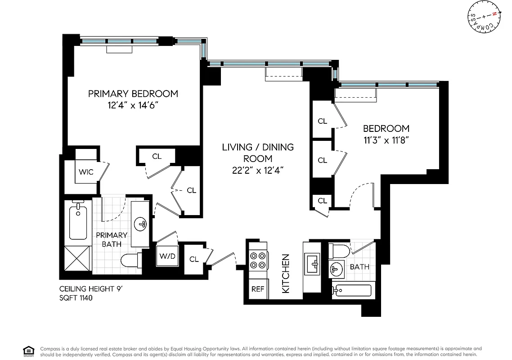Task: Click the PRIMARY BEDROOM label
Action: [x=133, y=94]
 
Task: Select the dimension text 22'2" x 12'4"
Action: [x=258, y=170]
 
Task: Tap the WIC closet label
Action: [x=86, y=172]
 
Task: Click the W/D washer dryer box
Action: [x=167, y=256]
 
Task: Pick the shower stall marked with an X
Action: [x=78, y=259]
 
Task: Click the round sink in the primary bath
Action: [x=141, y=224]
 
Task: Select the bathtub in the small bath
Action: [x=353, y=290]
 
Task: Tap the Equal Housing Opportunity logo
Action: [x=28, y=351]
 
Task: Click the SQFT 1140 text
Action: [x=76, y=298]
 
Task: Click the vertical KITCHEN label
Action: [x=285, y=274]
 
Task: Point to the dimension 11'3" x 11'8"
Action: [x=386, y=139]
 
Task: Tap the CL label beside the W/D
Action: [x=194, y=259]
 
